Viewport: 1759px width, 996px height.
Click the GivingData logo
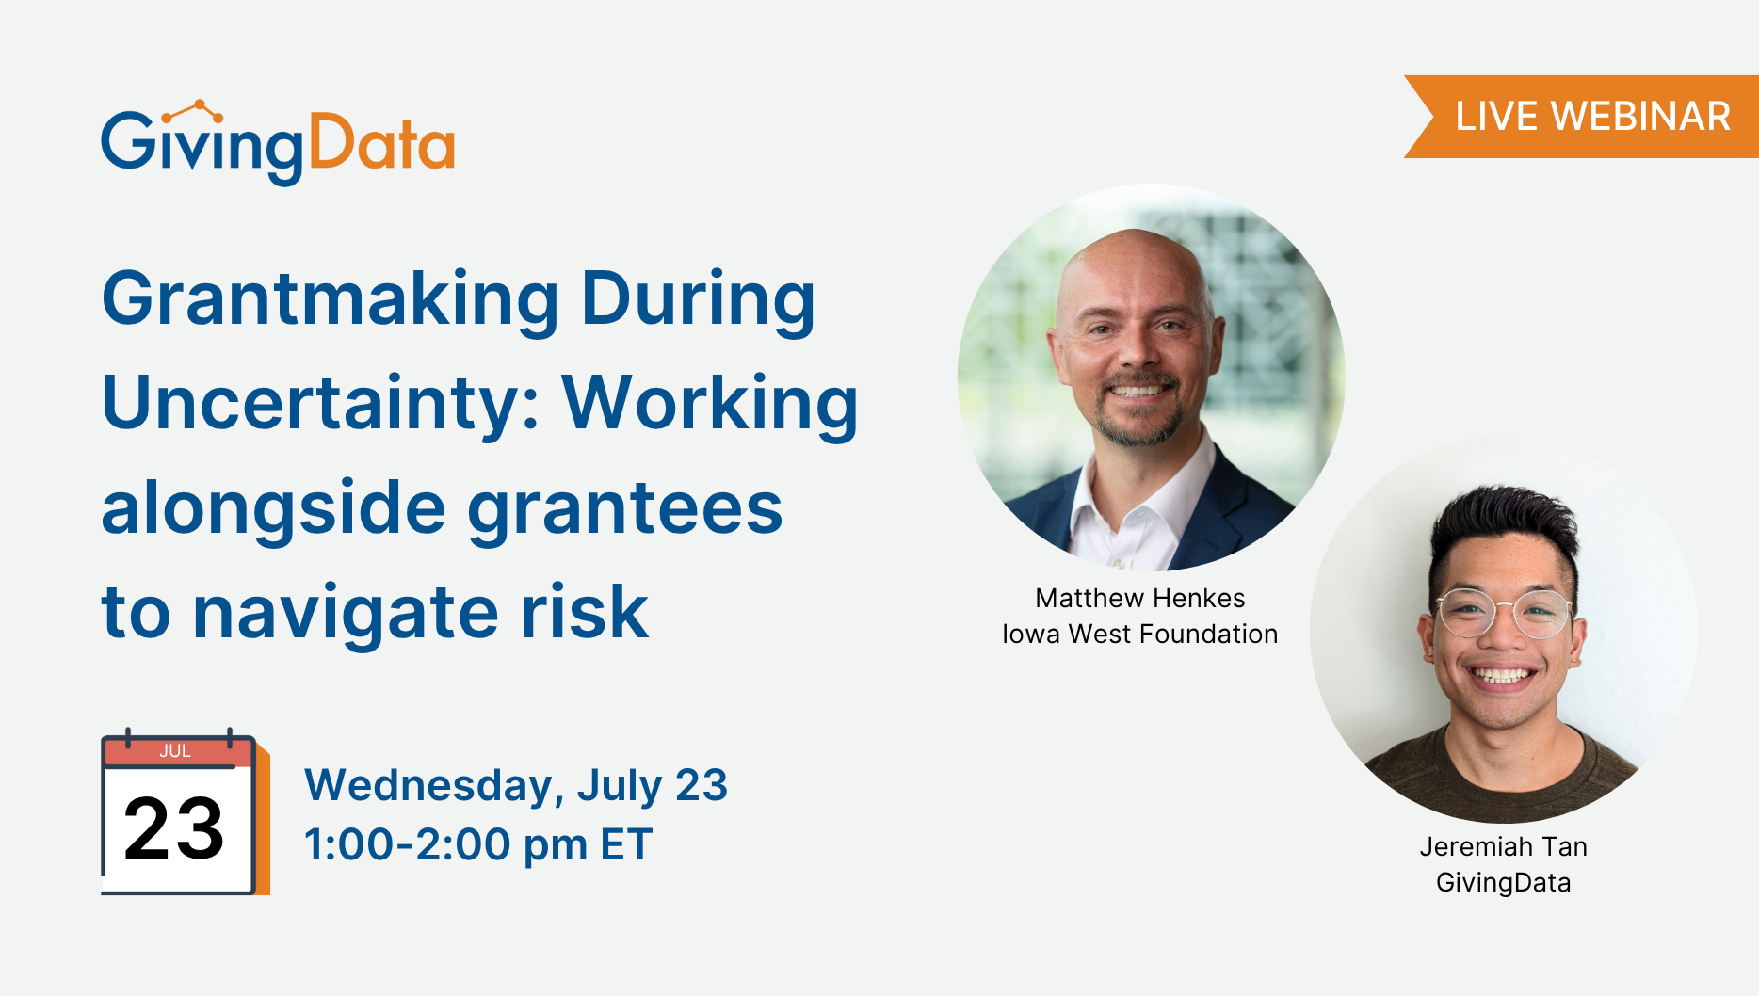(278, 142)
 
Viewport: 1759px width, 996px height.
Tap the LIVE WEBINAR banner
(1582, 117)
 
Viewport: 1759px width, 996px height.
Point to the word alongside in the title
(274, 508)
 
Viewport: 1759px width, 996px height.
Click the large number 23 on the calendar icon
(174, 828)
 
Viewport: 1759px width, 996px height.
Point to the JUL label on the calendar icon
(175, 751)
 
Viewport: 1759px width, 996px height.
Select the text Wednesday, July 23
(516, 786)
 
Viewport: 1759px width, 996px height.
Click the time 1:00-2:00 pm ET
(478, 844)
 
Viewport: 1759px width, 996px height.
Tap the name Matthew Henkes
(1140, 598)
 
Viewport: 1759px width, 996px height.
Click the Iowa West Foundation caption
(1140, 634)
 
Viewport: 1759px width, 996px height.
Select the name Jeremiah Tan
(1504, 846)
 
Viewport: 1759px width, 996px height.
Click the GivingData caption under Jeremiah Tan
(1504, 883)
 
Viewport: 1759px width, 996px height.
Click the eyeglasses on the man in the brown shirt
(1505, 613)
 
